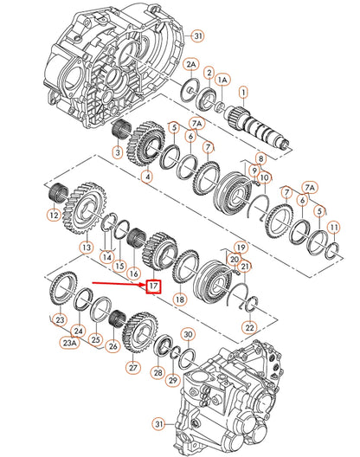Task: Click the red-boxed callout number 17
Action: [x=153, y=286]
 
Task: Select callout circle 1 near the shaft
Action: [x=243, y=91]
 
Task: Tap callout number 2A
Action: [x=191, y=65]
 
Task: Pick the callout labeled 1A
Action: [x=222, y=79]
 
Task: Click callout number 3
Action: [x=117, y=153]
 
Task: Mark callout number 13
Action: [x=86, y=248]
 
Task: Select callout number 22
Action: [x=249, y=326]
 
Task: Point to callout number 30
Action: [x=189, y=334]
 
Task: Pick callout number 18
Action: [x=180, y=299]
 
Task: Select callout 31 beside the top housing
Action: [x=197, y=35]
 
